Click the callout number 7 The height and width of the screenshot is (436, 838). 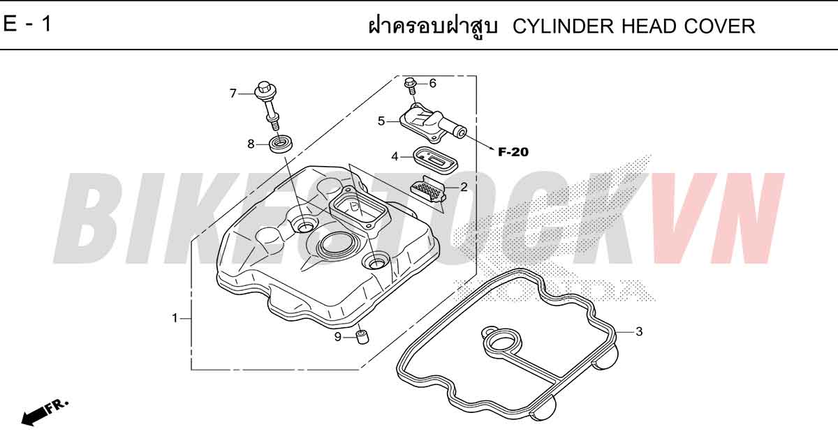point(233,93)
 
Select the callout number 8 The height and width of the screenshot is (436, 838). point(251,144)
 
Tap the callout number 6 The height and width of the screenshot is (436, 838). point(433,83)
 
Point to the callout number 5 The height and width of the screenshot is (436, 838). point(381,121)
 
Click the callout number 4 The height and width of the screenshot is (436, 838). point(395,156)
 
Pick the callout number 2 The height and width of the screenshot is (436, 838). point(464,187)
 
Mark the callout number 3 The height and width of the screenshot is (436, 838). point(640,331)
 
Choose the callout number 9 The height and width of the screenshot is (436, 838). point(338,337)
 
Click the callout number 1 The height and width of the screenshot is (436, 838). point(175,318)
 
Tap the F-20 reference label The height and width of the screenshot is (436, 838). point(513,152)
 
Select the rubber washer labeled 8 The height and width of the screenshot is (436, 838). point(281,144)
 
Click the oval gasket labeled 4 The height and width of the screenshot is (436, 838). point(435,160)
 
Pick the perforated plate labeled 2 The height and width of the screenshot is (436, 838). point(428,190)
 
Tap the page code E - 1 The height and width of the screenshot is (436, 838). point(27,24)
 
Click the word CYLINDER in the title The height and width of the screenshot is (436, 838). point(563,27)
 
